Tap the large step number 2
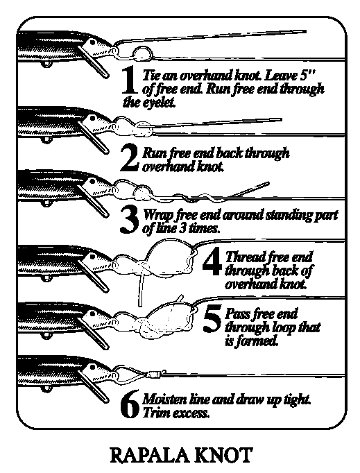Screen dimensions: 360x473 (130, 158)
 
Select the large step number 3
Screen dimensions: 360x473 (129, 220)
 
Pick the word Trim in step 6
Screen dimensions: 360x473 (153, 413)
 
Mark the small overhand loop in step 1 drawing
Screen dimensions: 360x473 (142, 53)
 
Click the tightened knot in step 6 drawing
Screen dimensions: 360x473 (155, 375)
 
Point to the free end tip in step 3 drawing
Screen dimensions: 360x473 (268, 182)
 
